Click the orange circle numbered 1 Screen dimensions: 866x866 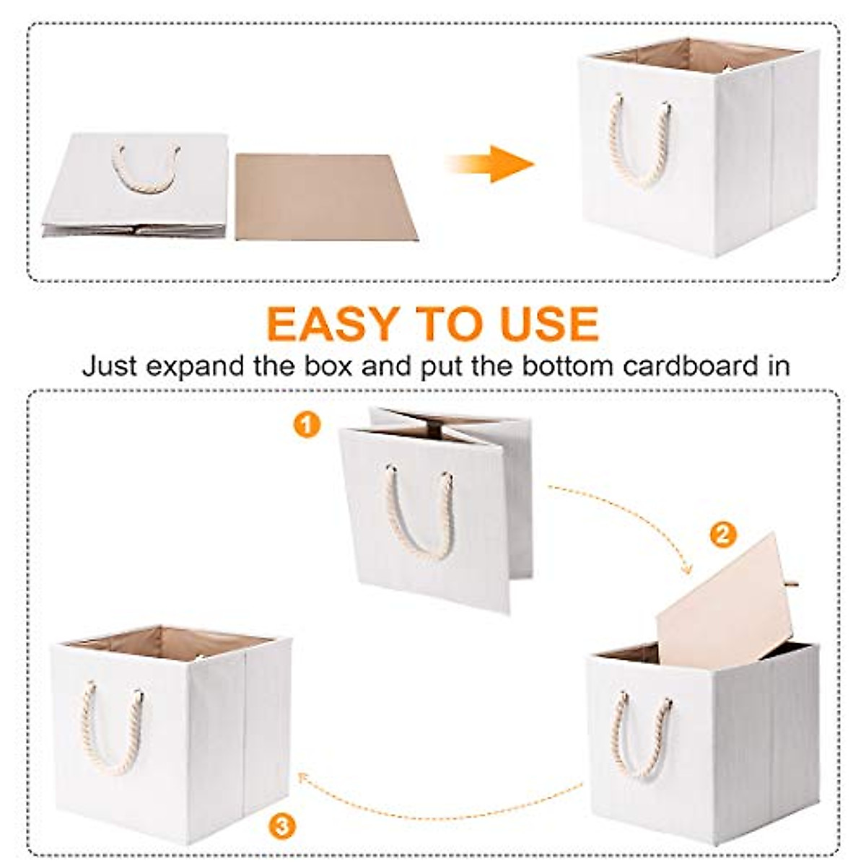click(307, 425)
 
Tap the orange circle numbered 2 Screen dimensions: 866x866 click(723, 535)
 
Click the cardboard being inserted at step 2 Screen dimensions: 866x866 click(722, 606)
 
